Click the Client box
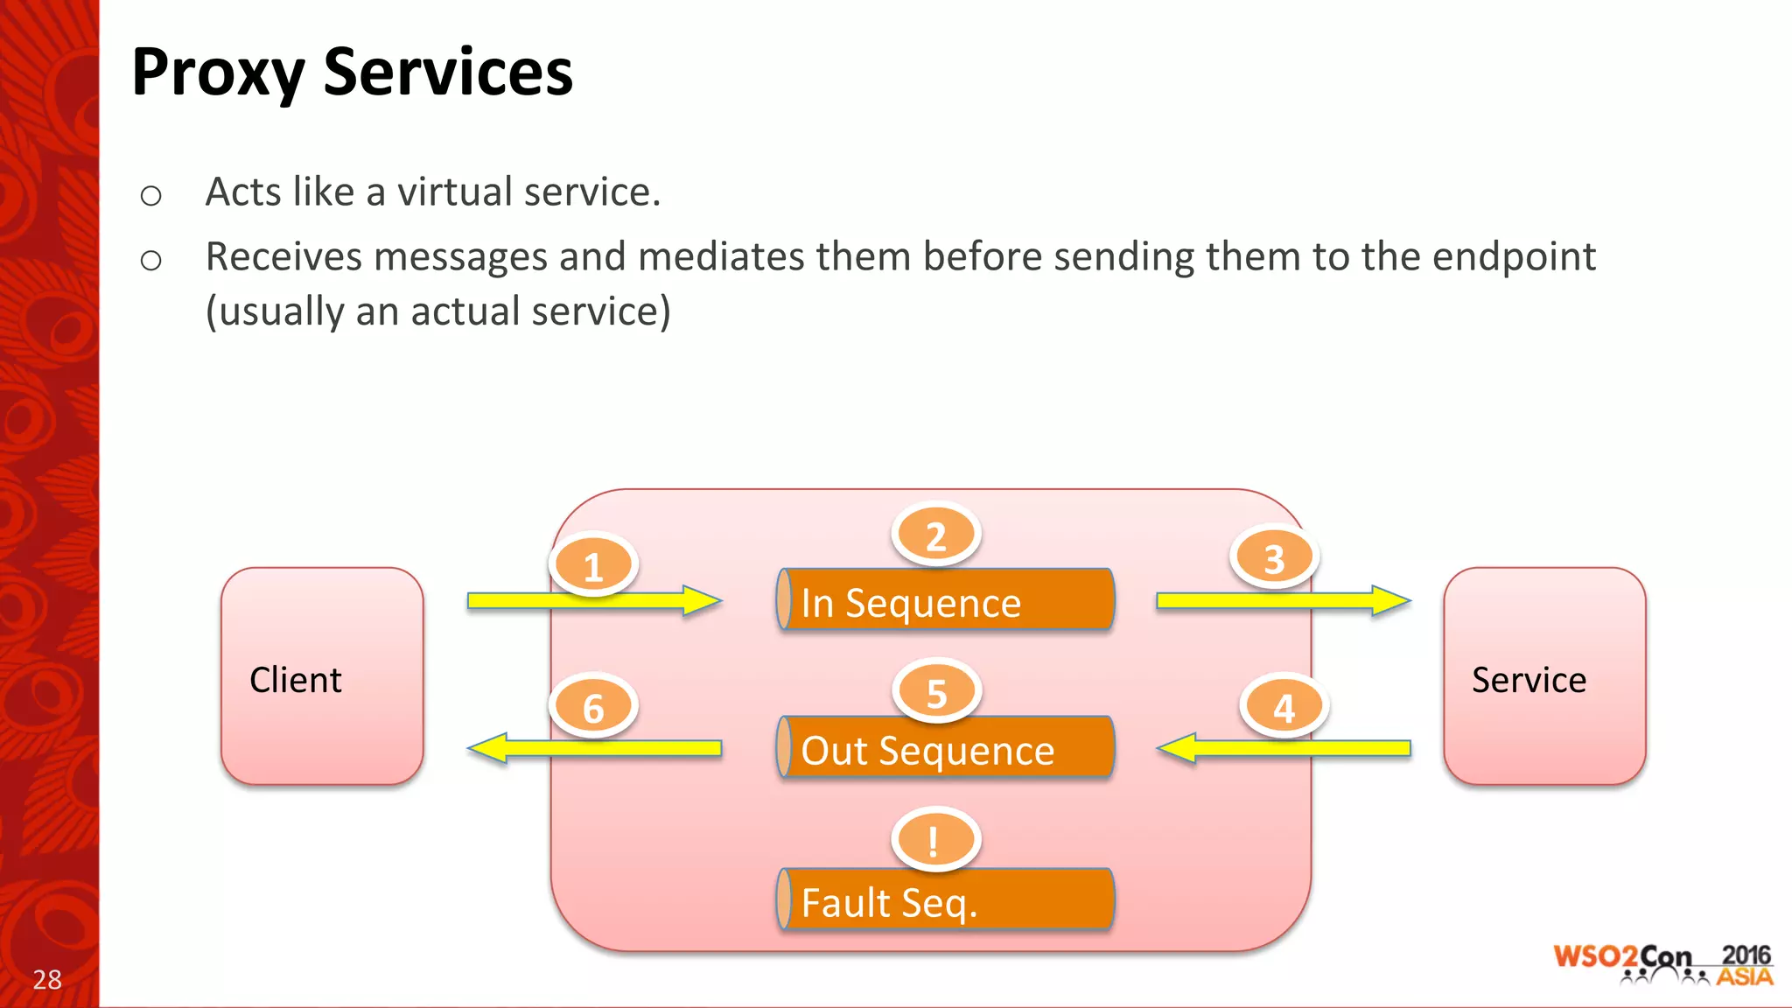322,675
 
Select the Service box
1544,675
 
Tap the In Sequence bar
945,600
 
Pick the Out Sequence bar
945,748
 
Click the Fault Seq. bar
945,899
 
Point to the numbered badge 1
593,566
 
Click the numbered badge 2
935,535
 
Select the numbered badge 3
1274,558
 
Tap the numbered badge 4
1284,707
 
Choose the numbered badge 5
936,692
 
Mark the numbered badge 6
593,707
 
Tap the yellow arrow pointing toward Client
595,748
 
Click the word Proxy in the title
218,73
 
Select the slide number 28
47,979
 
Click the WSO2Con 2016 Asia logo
1662,964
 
